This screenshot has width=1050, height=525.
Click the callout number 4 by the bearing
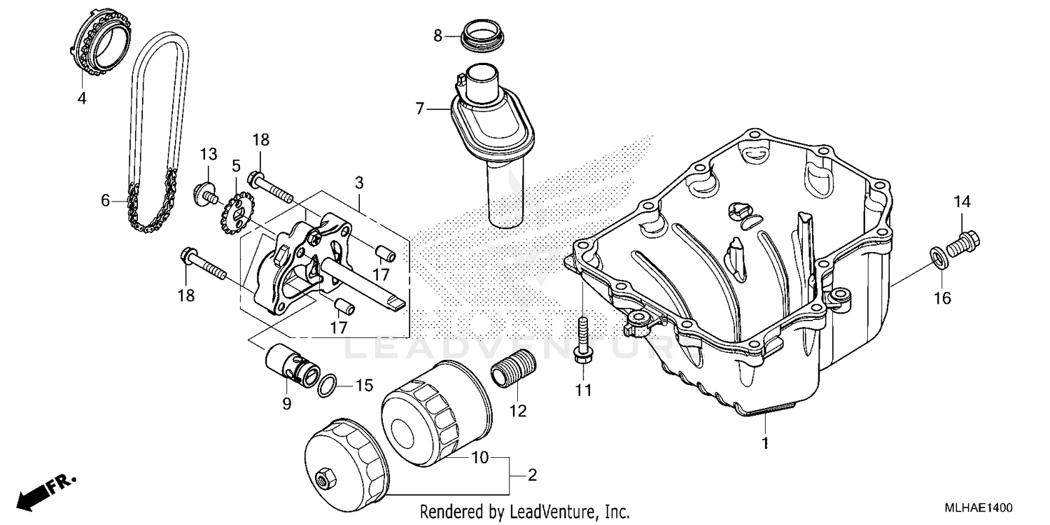click(82, 99)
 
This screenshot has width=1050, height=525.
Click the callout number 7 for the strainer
click(419, 108)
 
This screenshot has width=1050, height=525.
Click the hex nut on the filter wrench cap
click(324, 479)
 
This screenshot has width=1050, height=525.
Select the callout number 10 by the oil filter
click(479, 458)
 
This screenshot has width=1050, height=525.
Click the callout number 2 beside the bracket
click(532, 476)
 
